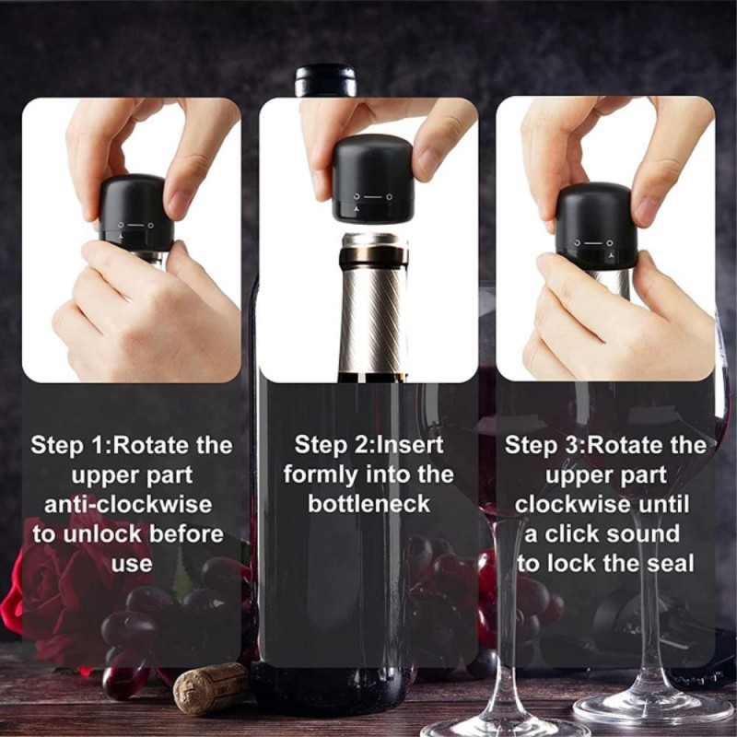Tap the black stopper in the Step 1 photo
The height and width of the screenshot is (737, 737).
tap(135, 212)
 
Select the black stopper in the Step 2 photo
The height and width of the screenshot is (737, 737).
tap(372, 180)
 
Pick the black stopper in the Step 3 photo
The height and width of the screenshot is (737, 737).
tap(596, 225)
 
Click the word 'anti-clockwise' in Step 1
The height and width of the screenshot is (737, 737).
tap(129, 504)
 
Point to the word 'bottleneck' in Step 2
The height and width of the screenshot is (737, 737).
tap(368, 504)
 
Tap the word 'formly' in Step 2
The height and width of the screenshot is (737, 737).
tap(316, 474)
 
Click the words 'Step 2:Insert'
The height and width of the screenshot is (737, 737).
tap(368, 445)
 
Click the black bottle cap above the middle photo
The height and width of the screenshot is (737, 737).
tap(325, 80)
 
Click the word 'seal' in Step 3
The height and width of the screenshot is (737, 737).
tap(675, 564)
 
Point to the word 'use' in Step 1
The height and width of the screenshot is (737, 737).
tap(131, 563)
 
